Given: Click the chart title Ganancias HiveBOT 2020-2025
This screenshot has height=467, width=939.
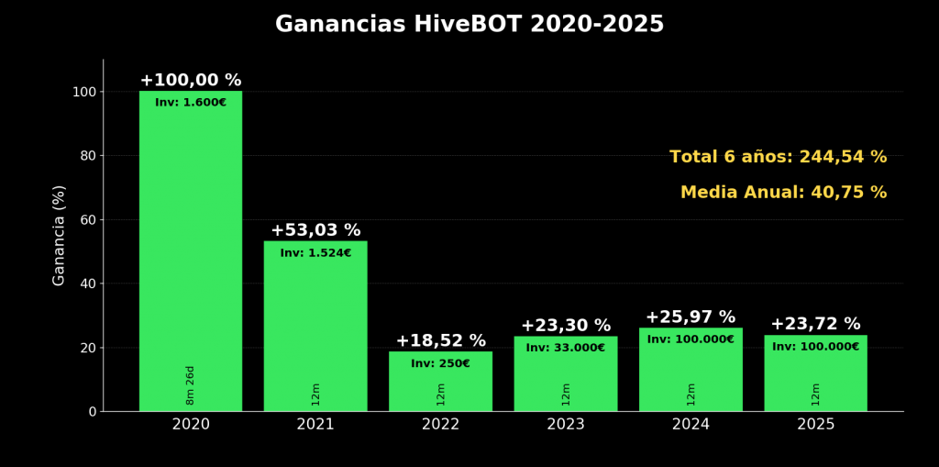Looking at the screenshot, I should [469, 25].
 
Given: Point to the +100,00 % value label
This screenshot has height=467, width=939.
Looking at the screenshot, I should [191, 81].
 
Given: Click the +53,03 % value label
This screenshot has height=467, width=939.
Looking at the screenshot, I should [315, 230].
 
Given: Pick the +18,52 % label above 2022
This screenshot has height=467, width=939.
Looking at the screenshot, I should [440, 341].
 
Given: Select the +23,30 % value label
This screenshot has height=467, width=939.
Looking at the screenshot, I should [566, 326].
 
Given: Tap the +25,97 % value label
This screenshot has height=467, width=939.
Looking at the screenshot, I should [690, 317].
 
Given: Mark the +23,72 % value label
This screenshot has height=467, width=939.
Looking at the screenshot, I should [815, 324].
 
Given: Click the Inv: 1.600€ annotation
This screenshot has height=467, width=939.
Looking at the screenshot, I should [191, 103].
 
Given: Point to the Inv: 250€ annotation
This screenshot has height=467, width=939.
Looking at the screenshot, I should [440, 363].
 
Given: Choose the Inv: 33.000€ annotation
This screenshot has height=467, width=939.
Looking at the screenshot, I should [566, 348].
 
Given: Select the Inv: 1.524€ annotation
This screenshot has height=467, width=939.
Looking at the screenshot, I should [315, 253].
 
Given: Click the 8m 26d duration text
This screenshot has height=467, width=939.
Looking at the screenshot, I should [191, 384].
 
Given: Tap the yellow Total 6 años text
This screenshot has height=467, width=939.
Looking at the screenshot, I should [778, 157].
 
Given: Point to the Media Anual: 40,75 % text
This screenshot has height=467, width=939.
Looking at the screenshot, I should [783, 193].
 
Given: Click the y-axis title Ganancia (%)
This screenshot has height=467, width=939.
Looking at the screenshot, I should [60, 235].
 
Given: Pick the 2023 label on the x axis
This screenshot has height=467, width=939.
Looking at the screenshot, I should [566, 425].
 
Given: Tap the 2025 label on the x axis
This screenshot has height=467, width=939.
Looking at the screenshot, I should [815, 425].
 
